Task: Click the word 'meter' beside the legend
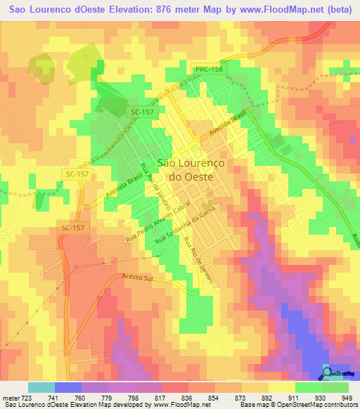10,397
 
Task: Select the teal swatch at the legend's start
41,387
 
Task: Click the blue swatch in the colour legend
67,387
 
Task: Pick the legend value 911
296,397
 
